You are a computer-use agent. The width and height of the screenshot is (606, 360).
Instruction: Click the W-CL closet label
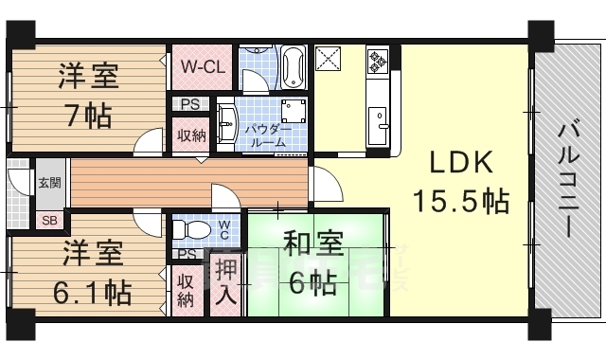tap(203, 67)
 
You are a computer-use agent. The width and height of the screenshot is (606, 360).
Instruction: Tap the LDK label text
tap(461, 163)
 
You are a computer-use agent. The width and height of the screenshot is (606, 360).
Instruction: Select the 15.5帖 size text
tap(461, 201)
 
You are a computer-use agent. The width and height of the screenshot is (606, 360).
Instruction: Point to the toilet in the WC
tap(191, 230)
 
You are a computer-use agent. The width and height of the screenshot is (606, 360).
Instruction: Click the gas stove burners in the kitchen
tap(377, 61)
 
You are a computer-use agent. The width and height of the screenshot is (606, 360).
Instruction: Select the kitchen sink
tap(378, 125)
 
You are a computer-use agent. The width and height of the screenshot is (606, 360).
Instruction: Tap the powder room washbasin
tap(226, 124)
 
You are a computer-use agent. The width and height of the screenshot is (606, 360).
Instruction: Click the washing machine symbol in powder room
tap(294, 110)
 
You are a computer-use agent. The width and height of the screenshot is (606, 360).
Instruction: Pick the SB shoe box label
tap(50, 221)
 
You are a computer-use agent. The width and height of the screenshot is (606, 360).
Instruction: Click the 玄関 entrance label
tap(50, 183)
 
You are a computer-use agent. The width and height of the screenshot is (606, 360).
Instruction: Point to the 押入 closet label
tap(225, 282)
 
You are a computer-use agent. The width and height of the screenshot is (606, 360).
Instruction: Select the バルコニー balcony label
tap(568, 181)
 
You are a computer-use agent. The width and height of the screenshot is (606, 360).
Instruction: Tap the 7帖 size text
tap(89, 116)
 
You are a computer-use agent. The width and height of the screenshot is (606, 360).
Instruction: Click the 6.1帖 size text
tap(92, 293)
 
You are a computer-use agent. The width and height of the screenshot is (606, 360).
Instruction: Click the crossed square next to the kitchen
tap(329, 59)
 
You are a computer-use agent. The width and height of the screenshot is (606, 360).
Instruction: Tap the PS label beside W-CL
tap(190, 104)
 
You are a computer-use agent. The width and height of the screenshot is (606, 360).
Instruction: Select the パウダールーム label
tap(268, 136)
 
